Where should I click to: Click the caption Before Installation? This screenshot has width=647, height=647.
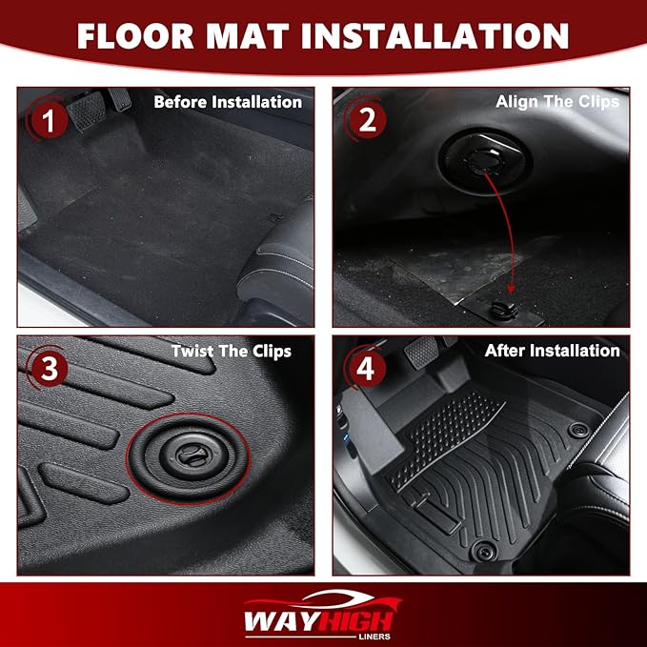coord(228,102)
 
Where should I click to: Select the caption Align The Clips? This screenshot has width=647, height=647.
coord(557,102)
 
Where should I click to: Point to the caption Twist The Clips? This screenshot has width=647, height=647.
coord(232,351)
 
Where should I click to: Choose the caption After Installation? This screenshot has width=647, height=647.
coord(552,351)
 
